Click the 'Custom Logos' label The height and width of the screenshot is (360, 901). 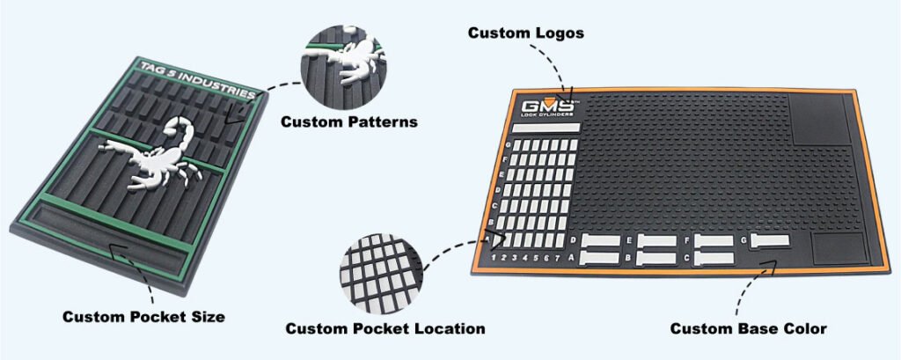525,33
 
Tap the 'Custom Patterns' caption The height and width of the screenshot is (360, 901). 349,121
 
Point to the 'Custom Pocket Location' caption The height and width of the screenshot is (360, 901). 385,328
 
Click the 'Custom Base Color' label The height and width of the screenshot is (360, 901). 748,328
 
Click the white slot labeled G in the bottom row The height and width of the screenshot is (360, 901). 769,239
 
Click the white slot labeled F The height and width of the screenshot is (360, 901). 714,240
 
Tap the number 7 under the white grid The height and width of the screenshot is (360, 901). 558,257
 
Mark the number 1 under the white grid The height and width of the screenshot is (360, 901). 494,258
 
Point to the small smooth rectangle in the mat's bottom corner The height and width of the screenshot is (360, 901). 830,248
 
